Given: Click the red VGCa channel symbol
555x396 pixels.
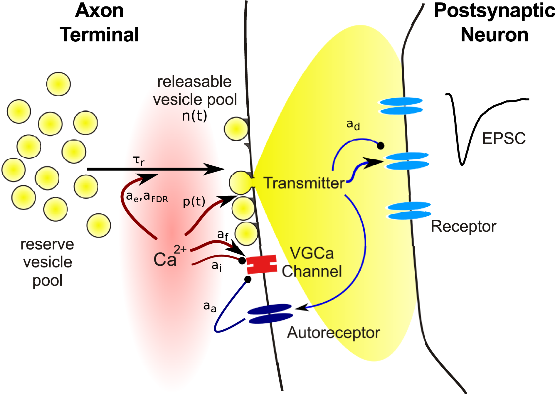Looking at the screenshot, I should [x=261, y=264].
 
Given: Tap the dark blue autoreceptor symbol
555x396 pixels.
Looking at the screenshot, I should [x=270, y=314].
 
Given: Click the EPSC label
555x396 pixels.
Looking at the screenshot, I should [x=504, y=138].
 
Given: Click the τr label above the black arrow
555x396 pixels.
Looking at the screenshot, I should [x=139, y=161].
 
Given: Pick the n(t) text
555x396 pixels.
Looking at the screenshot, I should [x=194, y=116].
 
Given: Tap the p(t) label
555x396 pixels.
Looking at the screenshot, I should [x=194, y=202].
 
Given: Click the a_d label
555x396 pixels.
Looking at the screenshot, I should [x=353, y=124].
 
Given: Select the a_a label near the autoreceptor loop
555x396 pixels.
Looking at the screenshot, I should [x=210, y=307].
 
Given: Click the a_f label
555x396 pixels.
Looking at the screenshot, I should [x=223, y=235].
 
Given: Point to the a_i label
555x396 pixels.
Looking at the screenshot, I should [x=216, y=266].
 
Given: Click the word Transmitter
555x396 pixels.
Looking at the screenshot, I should [x=304, y=183].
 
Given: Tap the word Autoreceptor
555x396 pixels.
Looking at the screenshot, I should [x=333, y=333].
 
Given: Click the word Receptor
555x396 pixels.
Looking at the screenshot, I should [x=463, y=226].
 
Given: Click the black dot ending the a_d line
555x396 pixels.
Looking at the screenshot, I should [x=381, y=145].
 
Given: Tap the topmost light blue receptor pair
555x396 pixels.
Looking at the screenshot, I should [x=401, y=106].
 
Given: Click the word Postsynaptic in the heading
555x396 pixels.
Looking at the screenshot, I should [x=494, y=11].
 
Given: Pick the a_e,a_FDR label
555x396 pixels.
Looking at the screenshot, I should [x=147, y=197].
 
